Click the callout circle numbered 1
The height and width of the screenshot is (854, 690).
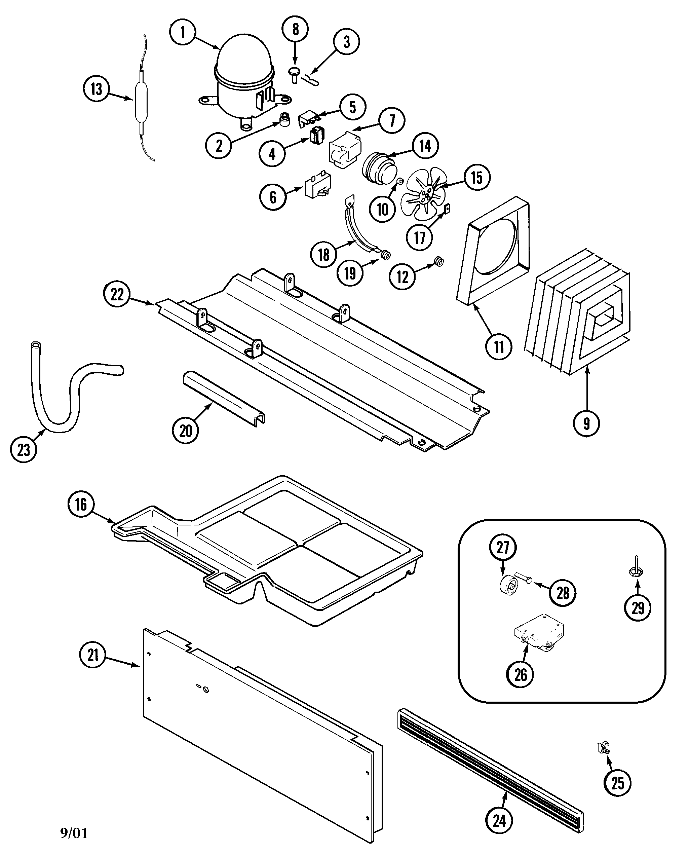pyautogui.click(x=183, y=32)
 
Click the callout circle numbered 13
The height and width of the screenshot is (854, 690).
pyautogui.click(x=97, y=89)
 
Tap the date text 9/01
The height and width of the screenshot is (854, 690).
pyautogui.click(x=74, y=832)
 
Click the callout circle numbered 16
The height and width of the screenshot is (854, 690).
pyautogui.click(x=81, y=505)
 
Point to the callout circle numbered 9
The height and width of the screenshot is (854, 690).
pyautogui.click(x=586, y=423)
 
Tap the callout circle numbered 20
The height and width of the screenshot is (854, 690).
pyautogui.click(x=186, y=431)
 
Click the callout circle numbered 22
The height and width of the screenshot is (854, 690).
pyautogui.click(x=117, y=295)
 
